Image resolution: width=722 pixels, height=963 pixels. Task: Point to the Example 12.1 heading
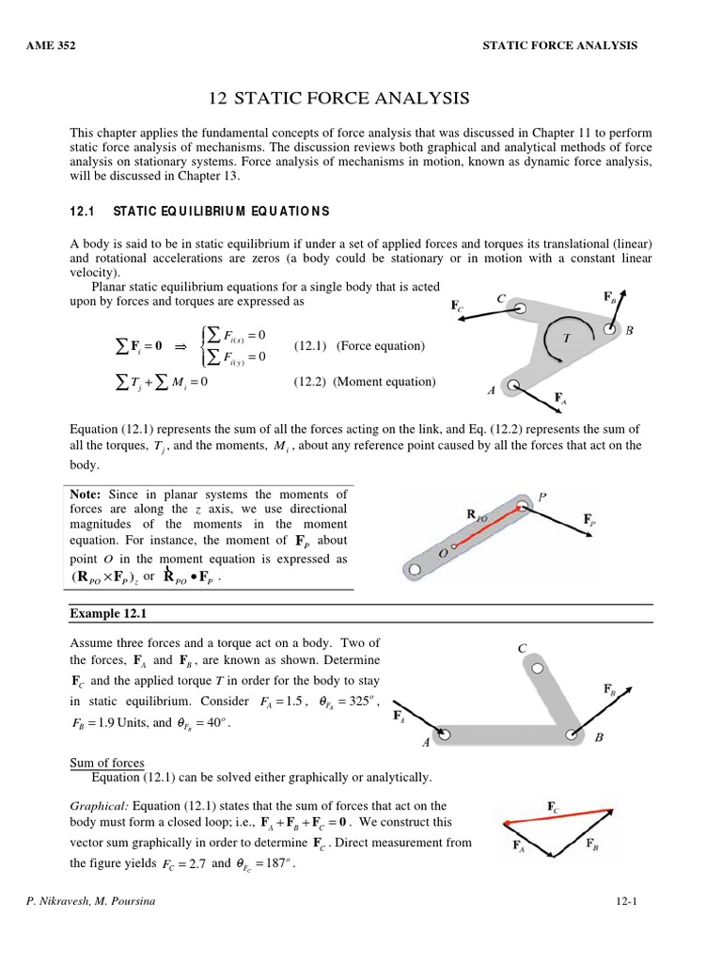[x=109, y=613]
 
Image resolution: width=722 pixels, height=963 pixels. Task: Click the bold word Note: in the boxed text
[x=87, y=494]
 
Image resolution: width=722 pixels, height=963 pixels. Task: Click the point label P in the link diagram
[x=541, y=496]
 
